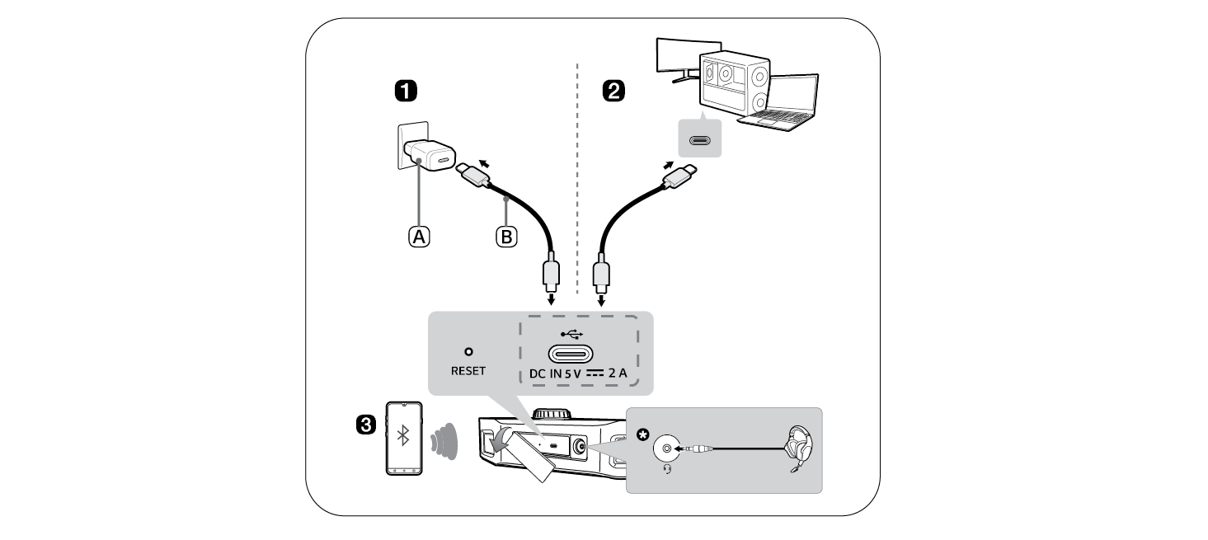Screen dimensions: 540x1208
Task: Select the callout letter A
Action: point(420,237)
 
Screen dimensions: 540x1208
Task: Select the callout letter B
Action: point(505,237)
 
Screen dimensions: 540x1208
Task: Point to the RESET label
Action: point(468,371)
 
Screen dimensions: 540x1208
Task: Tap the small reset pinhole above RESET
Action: point(468,351)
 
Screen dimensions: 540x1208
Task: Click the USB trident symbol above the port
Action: point(571,334)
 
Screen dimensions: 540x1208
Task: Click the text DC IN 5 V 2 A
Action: point(578,373)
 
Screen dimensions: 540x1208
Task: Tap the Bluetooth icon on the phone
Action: point(403,436)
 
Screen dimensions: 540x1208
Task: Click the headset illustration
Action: point(800,448)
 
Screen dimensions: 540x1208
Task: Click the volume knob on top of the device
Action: point(552,412)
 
